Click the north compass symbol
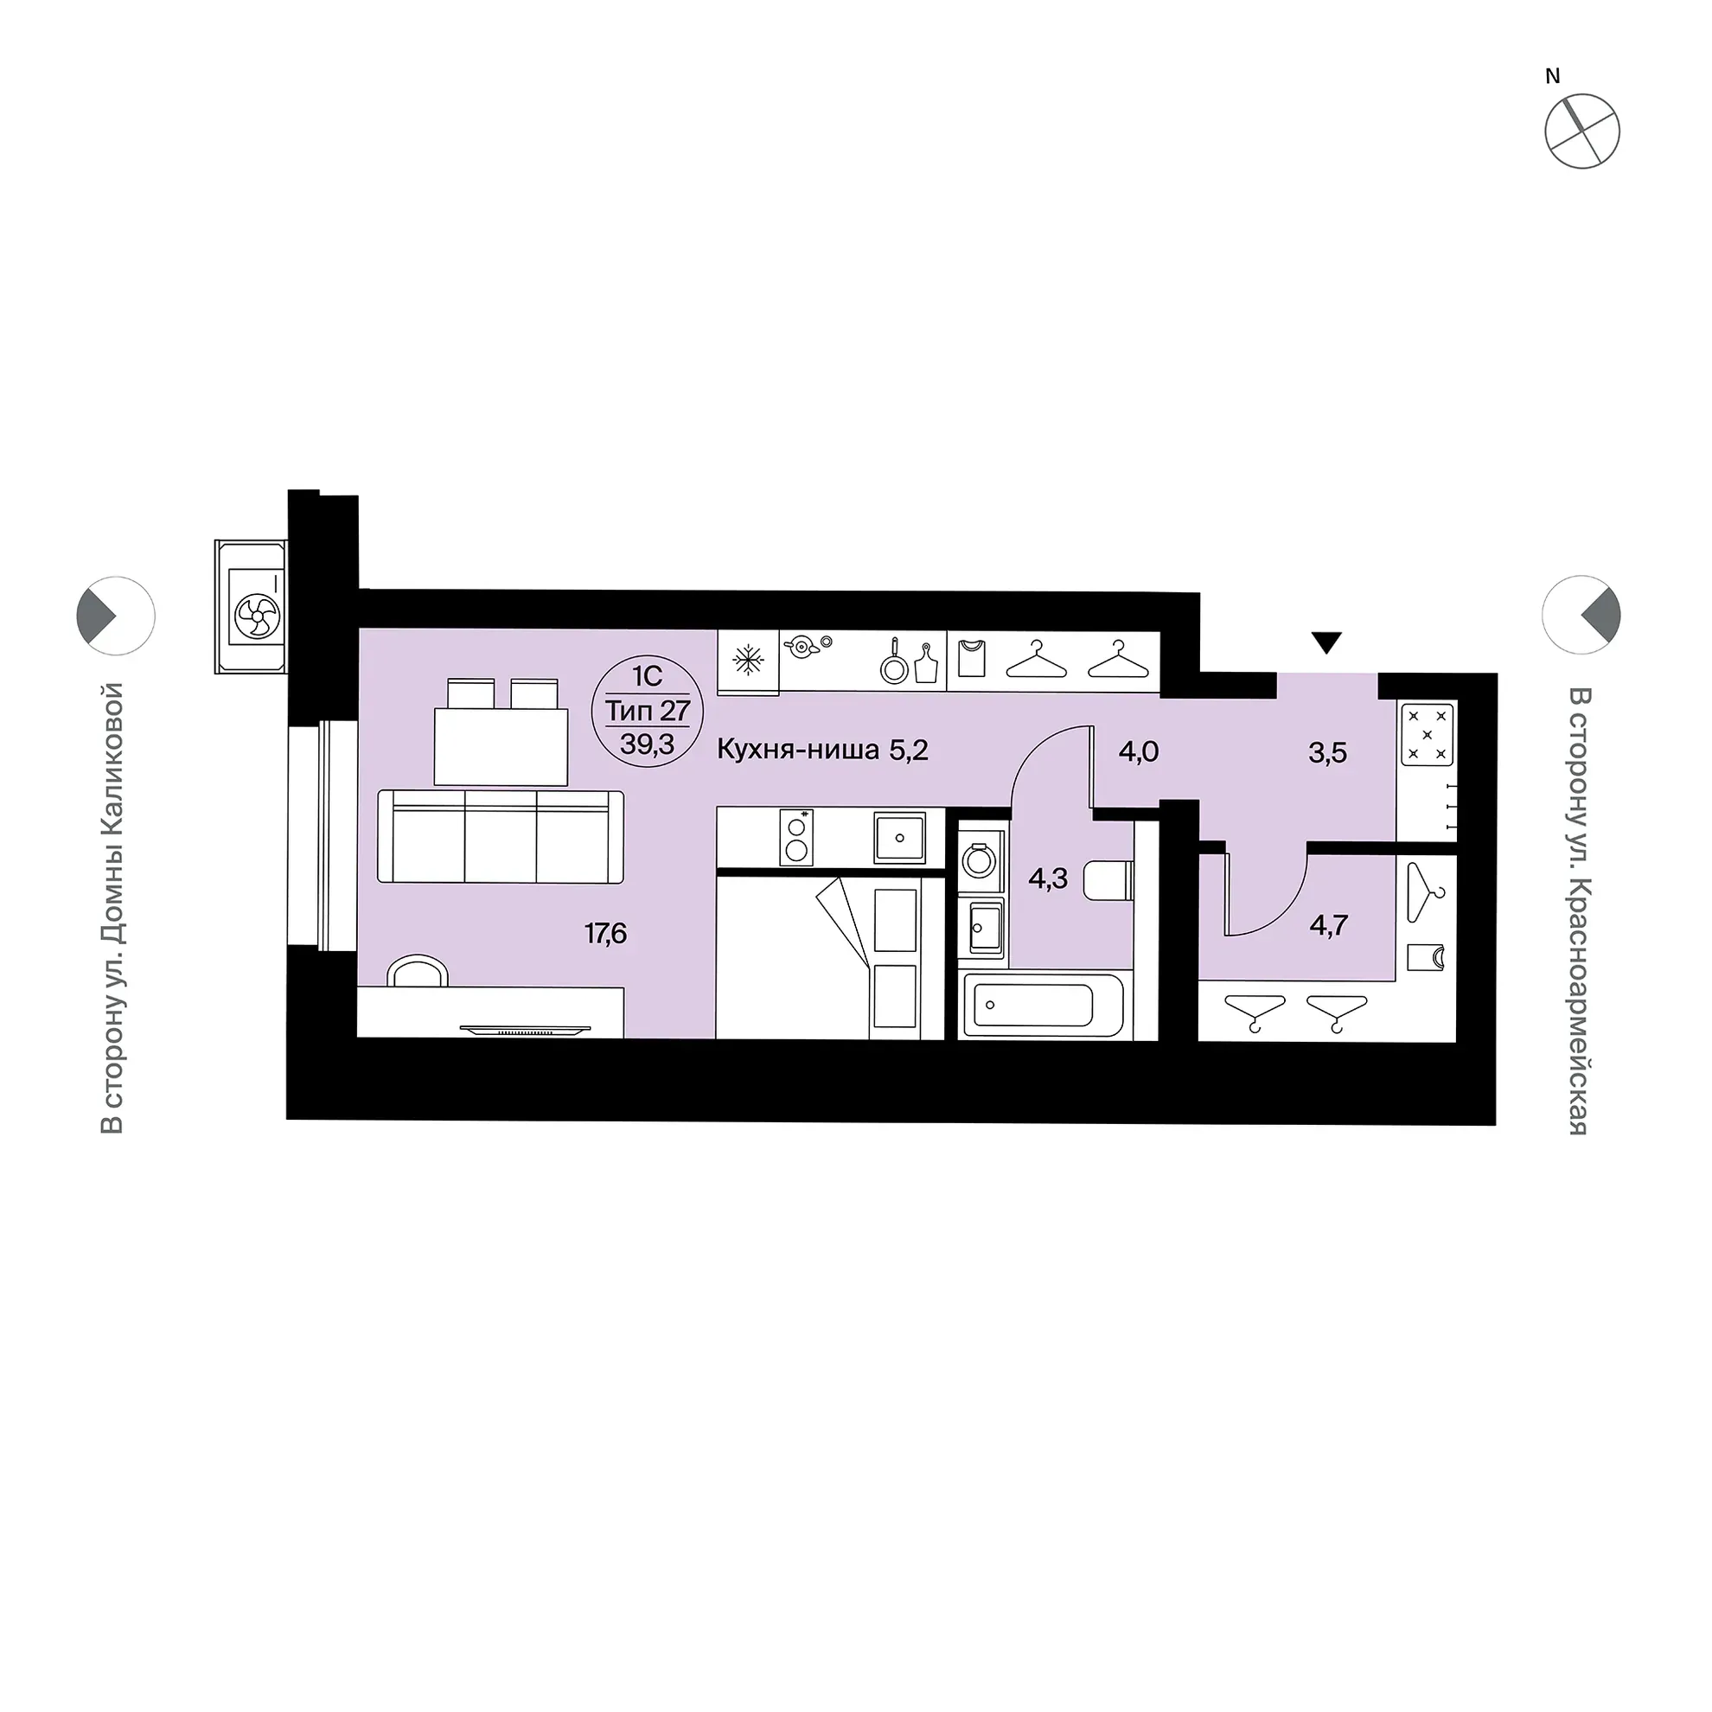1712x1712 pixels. (1581, 131)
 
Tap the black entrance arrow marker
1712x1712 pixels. (1326, 642)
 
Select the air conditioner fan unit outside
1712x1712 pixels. (252, 607)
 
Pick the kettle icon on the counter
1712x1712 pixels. (802, 646)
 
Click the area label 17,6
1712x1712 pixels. (605, 933)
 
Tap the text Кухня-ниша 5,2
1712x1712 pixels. (822, 751)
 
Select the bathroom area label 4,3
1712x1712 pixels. (1047, 879)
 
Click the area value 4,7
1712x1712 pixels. (1329, 926)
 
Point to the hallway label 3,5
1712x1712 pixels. (1327, 753)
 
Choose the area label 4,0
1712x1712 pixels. (1139, 752)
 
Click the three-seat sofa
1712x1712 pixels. (501, 836)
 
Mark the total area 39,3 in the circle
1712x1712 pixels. (647, 744)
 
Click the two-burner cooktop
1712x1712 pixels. (796, 837)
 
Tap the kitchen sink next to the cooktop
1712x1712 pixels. (899, 837)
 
